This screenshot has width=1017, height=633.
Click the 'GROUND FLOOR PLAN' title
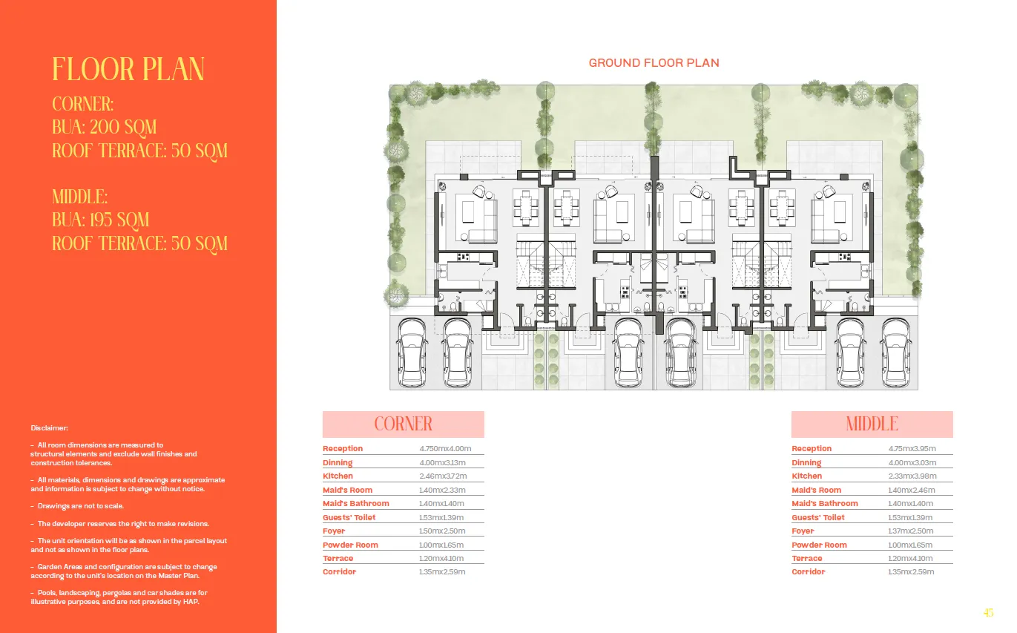654,63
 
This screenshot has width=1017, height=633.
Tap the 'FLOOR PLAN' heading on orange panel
128,70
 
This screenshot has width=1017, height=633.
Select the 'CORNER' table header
403,424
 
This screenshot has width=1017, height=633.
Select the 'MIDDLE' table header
872,424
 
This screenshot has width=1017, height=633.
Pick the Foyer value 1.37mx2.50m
911,531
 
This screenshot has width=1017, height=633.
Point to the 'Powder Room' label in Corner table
350,545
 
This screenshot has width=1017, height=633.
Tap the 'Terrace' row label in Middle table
806,559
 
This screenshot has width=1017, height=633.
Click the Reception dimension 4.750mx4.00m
445,449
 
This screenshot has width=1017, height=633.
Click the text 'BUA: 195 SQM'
101,220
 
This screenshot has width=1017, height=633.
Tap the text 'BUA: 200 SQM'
105,128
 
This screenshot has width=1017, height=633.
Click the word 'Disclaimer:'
50,428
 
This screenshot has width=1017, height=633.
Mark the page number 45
988,613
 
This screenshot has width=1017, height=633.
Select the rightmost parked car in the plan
896,353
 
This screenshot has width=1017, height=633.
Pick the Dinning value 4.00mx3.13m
442,463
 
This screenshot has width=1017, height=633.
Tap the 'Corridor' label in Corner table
339,572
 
